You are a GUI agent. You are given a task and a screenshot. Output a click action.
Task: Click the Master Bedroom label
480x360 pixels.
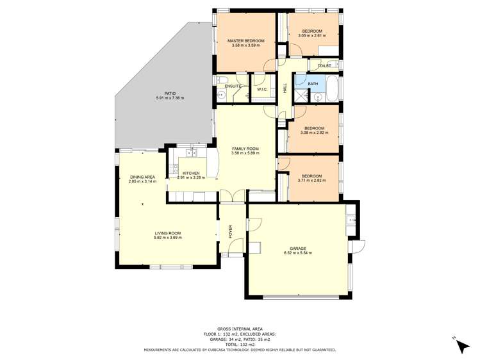pos(246,41)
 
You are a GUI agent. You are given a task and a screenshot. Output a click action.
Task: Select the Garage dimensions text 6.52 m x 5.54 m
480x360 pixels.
pos(297,253)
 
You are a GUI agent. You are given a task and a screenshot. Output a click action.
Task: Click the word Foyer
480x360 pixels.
pos(231,231)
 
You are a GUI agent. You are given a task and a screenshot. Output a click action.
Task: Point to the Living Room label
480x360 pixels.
pos(167,233)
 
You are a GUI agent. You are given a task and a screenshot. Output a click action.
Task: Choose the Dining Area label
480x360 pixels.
pos(142,177)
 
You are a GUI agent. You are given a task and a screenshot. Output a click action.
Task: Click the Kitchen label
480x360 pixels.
pos(191,173)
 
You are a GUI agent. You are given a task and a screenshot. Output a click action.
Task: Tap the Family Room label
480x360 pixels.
pos(245,149)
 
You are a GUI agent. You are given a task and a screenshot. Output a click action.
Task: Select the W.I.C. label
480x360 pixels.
pos(262,89)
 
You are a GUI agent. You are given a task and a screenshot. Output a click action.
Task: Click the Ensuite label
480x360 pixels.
pos(233,86)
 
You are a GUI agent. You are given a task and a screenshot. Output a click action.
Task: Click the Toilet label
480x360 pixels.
pos(324,65)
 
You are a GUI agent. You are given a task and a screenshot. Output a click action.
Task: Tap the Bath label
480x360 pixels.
pos(313,83)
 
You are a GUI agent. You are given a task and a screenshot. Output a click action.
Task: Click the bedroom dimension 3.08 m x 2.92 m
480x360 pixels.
pos(314,133)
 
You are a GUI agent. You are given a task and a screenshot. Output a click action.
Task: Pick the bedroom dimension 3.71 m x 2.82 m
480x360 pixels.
pos(311,181)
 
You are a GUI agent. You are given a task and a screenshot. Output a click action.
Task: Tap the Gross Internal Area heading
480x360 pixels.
pos(240,329)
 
